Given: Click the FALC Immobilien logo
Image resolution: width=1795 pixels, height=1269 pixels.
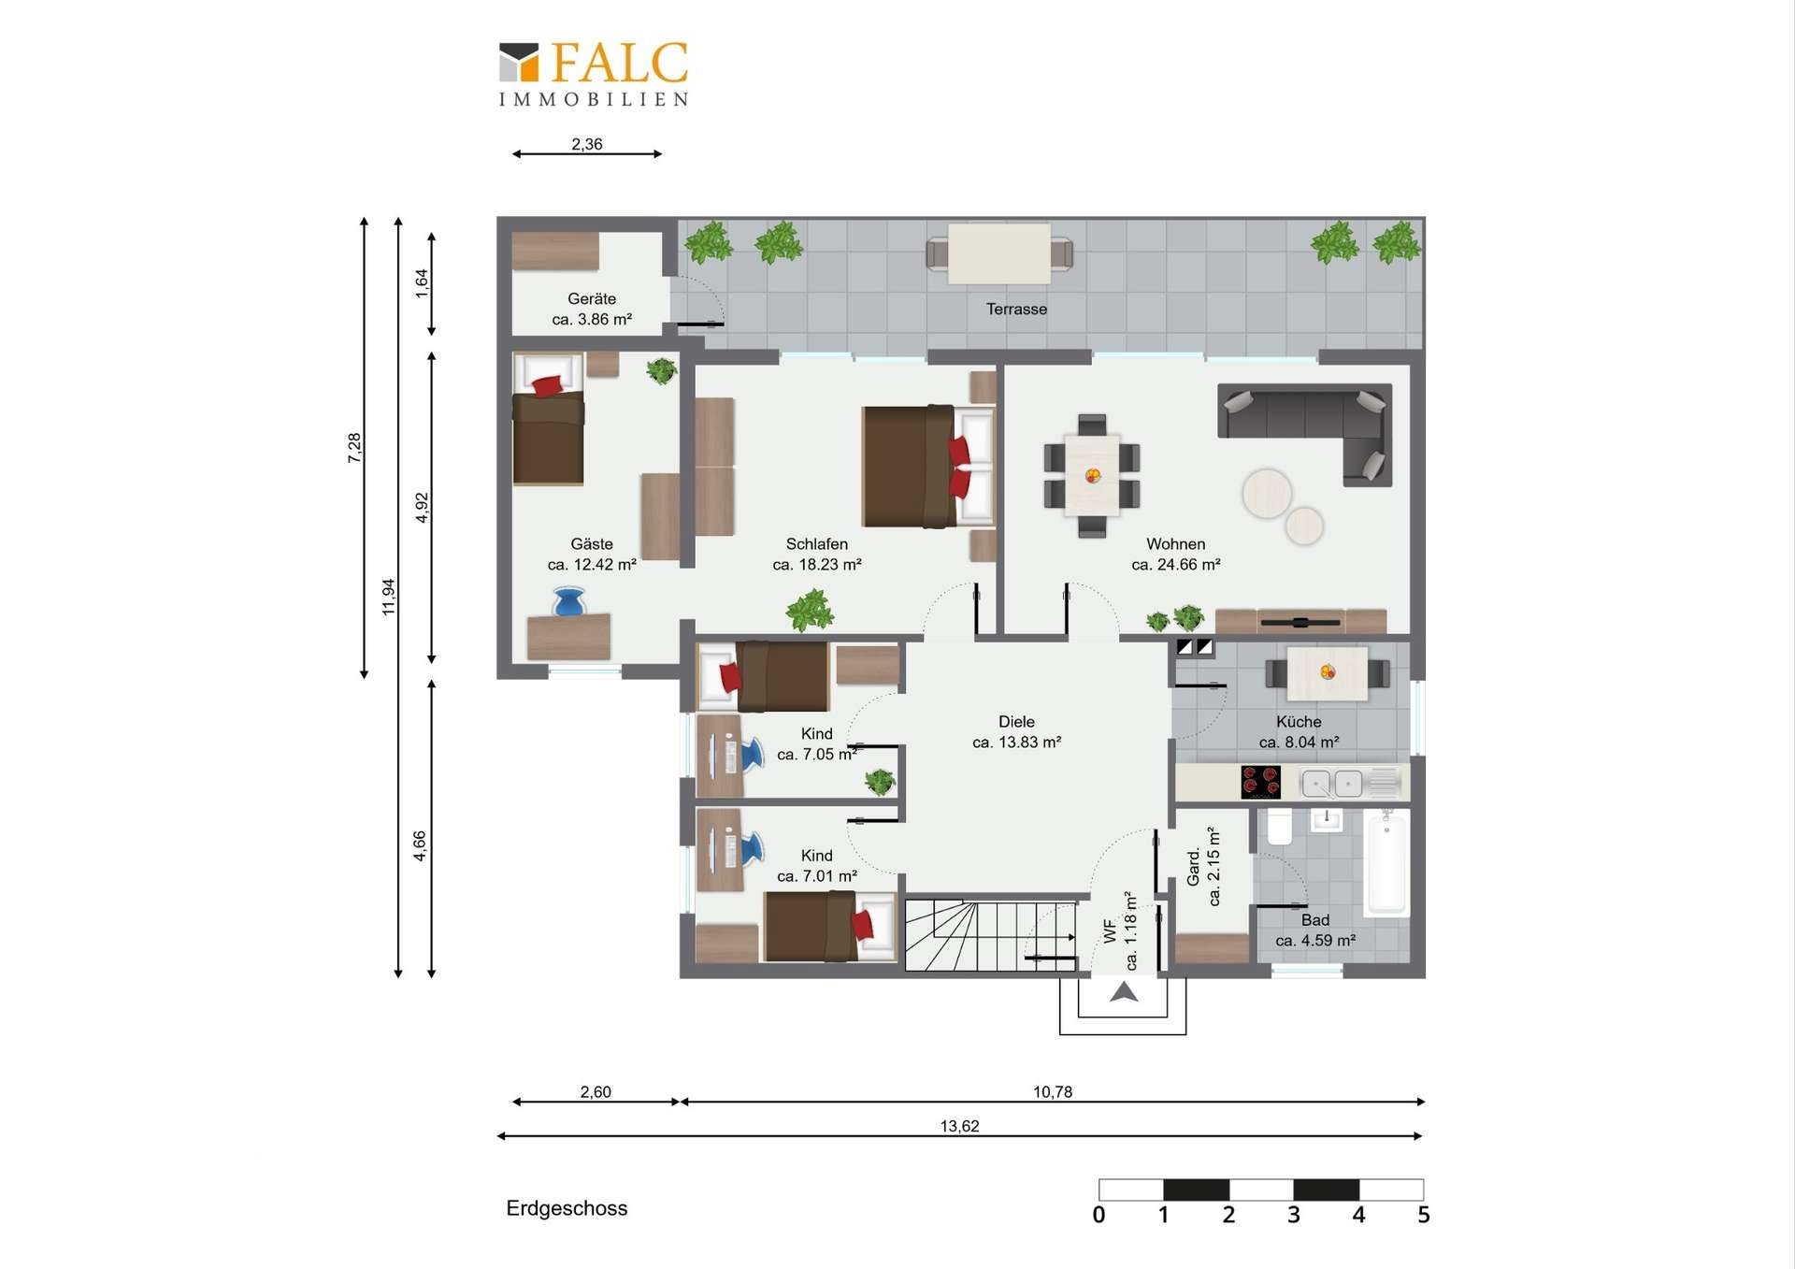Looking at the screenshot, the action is pos(594,74).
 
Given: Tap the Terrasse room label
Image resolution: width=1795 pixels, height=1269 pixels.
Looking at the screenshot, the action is pos(1016,309).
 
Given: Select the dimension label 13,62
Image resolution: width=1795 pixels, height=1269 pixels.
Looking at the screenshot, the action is pos(959,1126).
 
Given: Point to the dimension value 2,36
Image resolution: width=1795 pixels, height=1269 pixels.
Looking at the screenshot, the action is pos(587,144).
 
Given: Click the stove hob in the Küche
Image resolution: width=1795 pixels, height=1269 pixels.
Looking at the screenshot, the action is pos(1260,782).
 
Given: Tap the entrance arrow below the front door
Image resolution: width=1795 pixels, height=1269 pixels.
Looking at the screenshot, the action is pos(1124,991).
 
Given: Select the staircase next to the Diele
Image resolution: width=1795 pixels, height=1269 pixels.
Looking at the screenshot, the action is pos(990,935).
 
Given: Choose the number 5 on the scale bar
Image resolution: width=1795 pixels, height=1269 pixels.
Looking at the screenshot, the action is pos(1423,1215).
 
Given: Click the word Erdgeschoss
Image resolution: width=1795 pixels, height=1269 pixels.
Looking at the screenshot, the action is pos(567,1208).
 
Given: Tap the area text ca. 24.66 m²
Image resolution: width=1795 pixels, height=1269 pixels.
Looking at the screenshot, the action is pos(1176,564).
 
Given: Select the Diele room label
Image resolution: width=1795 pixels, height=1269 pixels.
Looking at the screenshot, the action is pos(1016,722).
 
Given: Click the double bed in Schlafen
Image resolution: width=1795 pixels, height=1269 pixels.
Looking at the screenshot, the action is pos(927,466).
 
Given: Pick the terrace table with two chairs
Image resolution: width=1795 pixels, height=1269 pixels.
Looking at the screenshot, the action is pos(999,253).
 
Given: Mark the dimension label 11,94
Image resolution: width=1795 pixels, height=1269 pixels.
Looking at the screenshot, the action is pos(389,597).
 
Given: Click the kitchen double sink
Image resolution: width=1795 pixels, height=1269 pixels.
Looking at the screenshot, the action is pos(1332,783).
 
